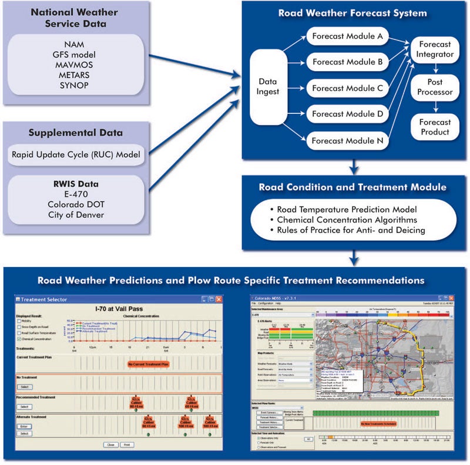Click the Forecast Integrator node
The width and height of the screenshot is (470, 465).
(x=435, y=49)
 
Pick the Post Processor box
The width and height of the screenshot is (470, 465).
(x=435, y=87)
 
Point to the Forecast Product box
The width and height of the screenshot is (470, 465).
(x=435, y=127)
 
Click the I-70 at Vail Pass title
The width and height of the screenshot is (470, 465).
(x=119, y=308)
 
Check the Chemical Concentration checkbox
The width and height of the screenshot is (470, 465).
(x=19, y=338)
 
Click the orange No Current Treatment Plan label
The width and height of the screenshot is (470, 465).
(x=149, y=364)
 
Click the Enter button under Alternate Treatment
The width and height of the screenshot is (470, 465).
(x=24, y=426)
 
